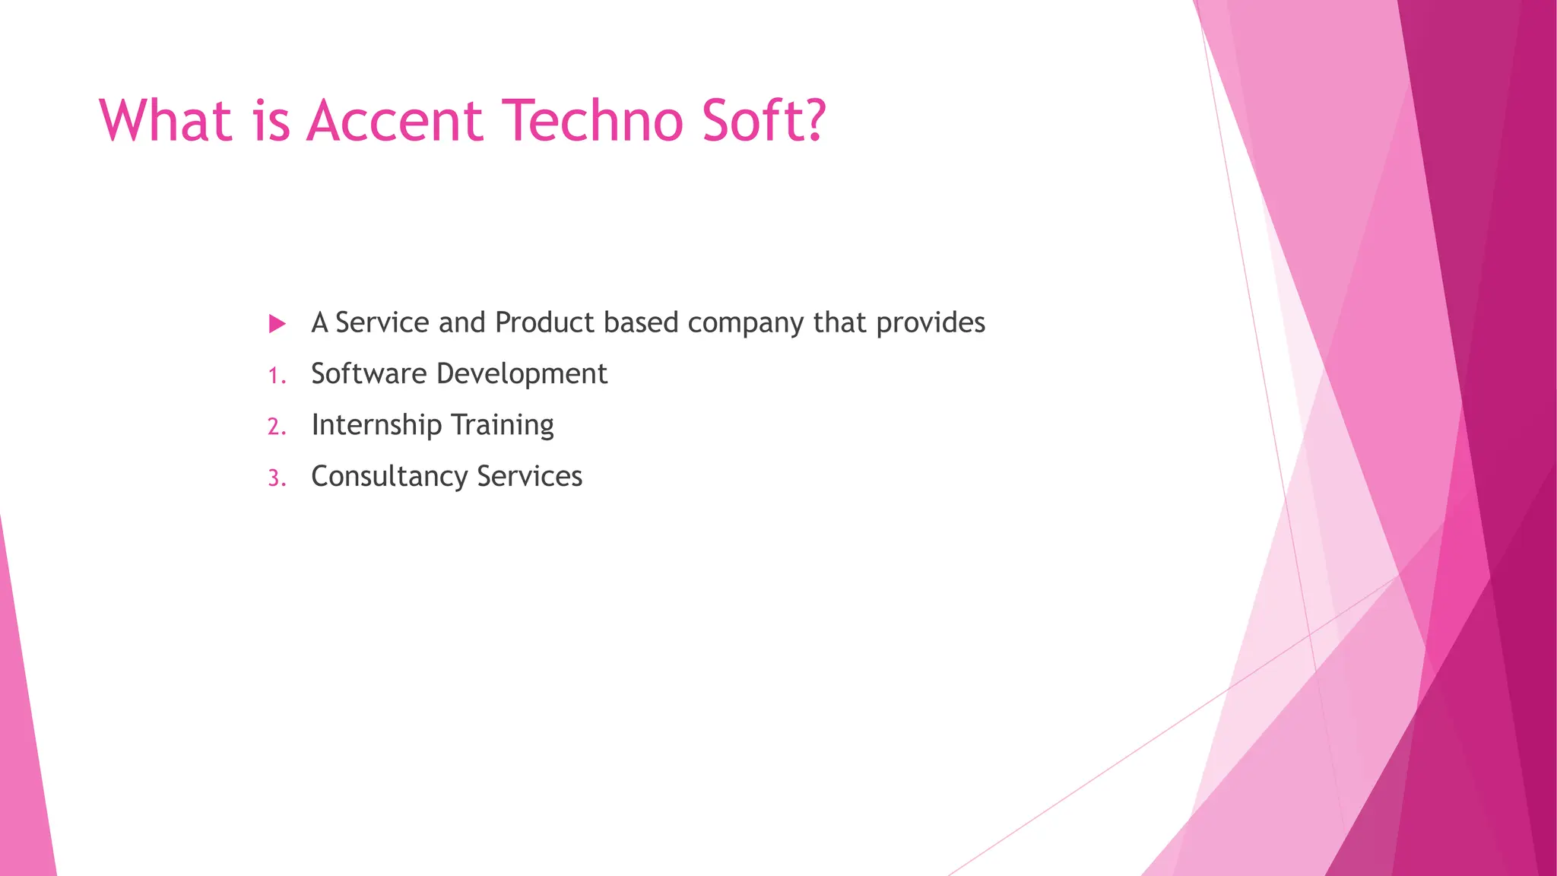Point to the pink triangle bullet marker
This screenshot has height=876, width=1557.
point(277,324)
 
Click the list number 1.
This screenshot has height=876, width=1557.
point(276,376)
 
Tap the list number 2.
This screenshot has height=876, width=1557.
point(276,427)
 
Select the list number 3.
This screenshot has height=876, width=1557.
point(276,478)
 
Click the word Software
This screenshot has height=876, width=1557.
point(369,373)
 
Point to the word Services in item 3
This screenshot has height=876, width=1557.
point(529,476)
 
